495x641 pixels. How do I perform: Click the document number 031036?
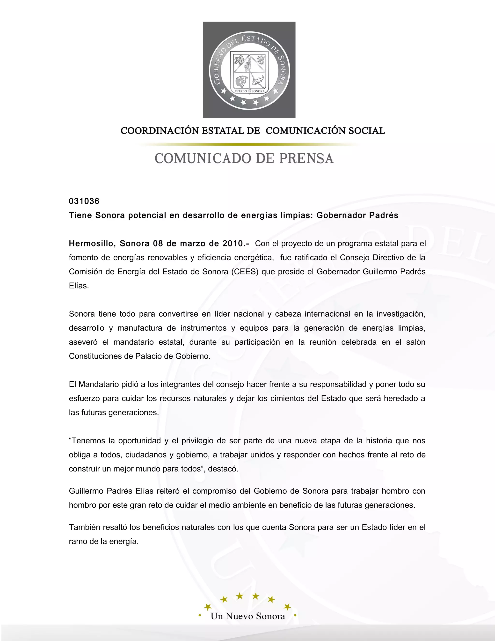(84, 201)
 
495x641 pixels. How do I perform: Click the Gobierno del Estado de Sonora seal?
(249, 70)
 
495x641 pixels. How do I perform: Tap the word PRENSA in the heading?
(306, 158)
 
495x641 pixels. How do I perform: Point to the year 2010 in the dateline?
(232, 244)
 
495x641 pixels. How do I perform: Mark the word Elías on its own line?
(79, 286)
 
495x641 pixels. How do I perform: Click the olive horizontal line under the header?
(249, 144)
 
